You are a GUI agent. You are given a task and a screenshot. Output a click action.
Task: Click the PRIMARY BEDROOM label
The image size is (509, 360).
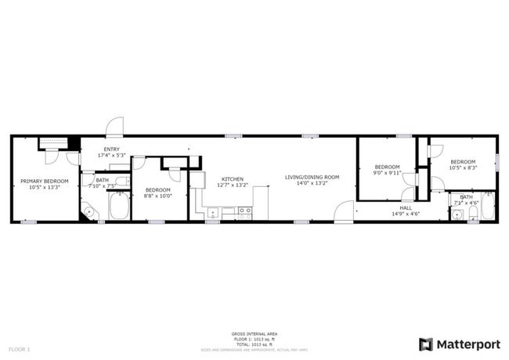pyautogui.click(x=44, y=181)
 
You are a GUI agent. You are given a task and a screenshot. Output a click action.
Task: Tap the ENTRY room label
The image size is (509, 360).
pyautogui.click(x=111, y=149)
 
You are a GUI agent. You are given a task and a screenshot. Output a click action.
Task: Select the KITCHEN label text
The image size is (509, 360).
pyautogui.click(x=232, y=179)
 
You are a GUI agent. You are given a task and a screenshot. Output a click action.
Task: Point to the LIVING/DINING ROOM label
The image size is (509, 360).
pyautogui.click(x=312, y=177)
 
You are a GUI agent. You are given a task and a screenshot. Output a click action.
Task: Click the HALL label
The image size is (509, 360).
pyautogui.click(x=406, y=208)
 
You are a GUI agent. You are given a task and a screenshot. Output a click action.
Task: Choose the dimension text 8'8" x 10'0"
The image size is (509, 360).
pyautogui.click(x=157, y=196)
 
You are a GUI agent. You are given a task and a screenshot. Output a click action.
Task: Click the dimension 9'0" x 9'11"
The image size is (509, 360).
pyautogui.click(x=387, y=172)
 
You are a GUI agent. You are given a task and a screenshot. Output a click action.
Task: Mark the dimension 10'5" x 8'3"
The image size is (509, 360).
pyautogui.click(x=463, y=167)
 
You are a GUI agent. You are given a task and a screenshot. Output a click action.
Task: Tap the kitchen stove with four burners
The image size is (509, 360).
pyautogui.click(x=245, y=211)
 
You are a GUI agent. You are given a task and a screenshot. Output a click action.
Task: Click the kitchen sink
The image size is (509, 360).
pyautogui.click(x=212, y=211)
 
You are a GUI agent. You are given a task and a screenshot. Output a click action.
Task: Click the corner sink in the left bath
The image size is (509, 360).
pyautogui.click(x=88, y=211)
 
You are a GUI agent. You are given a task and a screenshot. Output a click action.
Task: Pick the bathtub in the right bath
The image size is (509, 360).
pyautogui.click(x=487, y=207)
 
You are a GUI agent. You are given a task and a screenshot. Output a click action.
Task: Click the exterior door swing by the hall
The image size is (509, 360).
pyautogui.click(x=344, y=213)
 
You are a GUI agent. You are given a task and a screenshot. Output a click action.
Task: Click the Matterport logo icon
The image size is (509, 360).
pyautogui.click(x=426, y=344)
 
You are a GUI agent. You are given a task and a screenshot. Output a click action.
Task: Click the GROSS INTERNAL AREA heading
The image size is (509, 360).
pyautogui.click(x=254, y=333)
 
